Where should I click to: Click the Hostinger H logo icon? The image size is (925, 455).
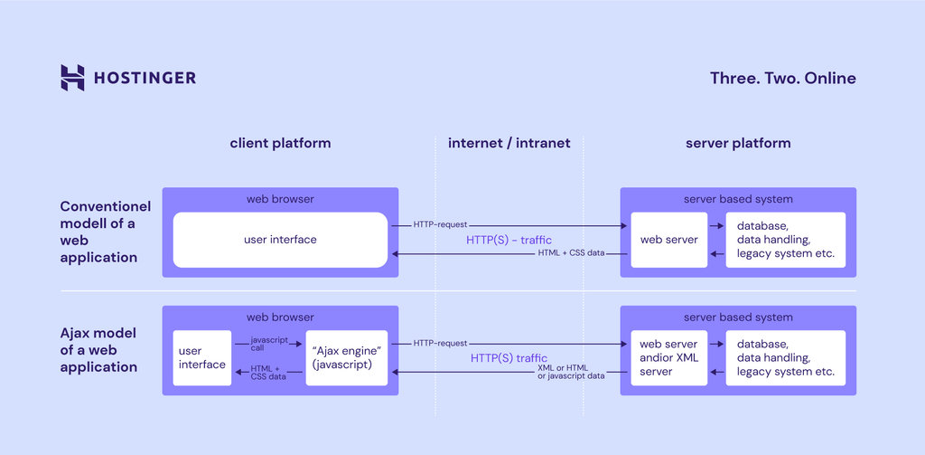(x=72, y=78)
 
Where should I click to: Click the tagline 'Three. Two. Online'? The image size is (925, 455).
(x=782, y=78)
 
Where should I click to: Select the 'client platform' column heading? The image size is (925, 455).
(x=280, y=143)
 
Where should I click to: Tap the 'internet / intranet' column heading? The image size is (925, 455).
(x=509, y=143)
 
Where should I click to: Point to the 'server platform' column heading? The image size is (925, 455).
(x=738, y=143)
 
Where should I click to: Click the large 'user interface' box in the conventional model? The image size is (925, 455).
(x=280, y=240)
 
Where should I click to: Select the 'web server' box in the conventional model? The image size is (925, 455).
(x=668, y=240)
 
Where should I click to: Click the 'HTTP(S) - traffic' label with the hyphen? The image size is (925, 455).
(x=509, y=240)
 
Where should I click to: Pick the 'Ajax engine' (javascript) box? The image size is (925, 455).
(x=351, y=357)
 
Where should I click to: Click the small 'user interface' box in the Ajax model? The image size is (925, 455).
(x=202, y=357)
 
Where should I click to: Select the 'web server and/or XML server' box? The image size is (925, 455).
(x=668, y=357)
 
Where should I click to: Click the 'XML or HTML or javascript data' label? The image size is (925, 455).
(x=570, y=371)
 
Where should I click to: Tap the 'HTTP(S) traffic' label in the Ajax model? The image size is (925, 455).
(x=509, y=358)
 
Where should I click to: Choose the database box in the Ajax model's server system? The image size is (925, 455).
(x=786, y=357)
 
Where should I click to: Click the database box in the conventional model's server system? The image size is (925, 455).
(x=786, y=240)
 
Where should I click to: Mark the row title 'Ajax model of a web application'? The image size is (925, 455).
(x=99, y=351)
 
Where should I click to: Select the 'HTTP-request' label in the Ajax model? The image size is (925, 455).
(x=440, y=344)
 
